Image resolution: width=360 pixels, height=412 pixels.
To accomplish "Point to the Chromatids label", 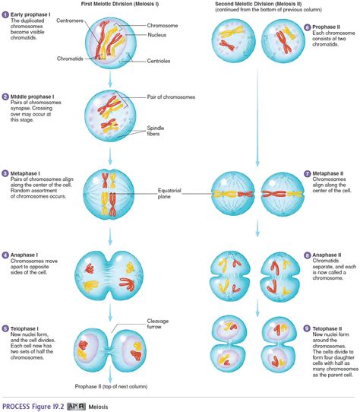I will pyautogui.click(x=70, y=58).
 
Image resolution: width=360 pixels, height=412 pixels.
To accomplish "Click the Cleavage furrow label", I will pyautogui.click(x=150, y=325).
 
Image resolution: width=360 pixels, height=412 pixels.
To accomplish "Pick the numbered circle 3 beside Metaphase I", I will pyautogui.click(x=5, y=173).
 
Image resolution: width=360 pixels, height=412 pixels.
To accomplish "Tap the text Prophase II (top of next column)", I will pyautogui.click(x=111, y=387).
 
